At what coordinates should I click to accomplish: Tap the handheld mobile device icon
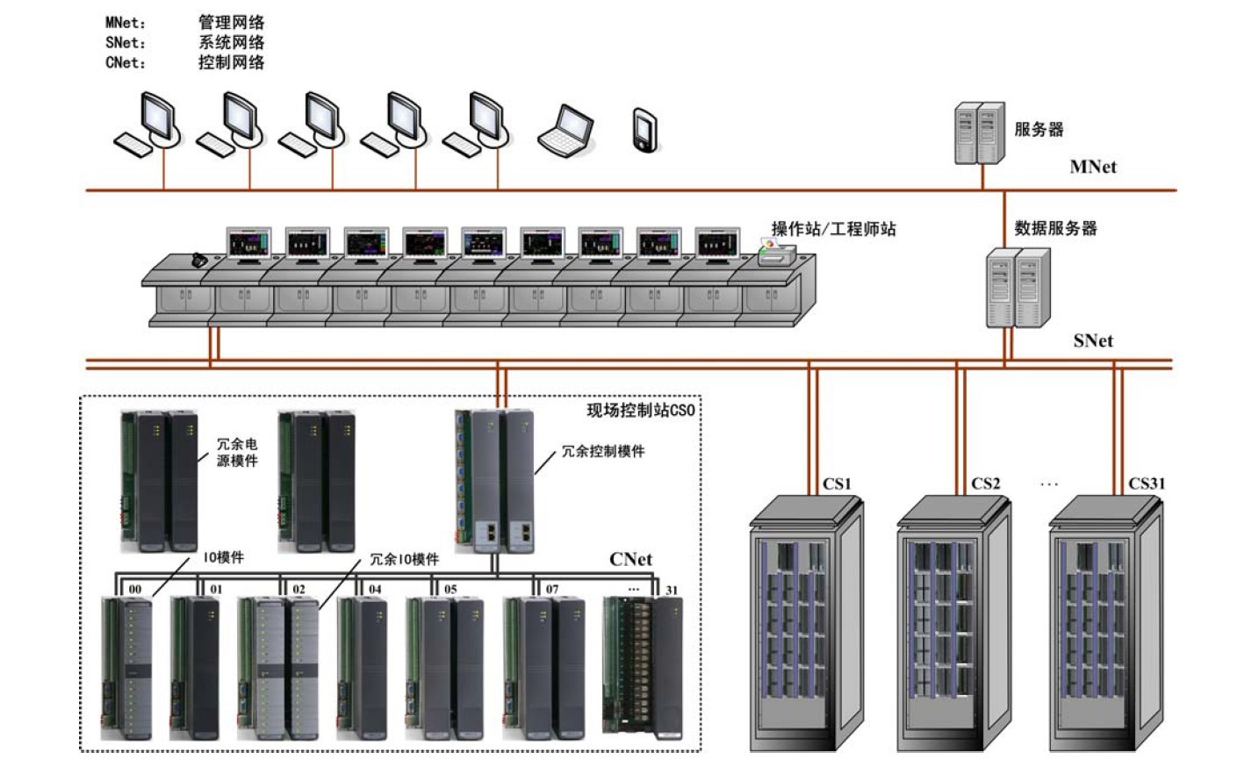[x=645, y=131]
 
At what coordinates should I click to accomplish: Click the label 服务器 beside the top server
[x=1039, y=130]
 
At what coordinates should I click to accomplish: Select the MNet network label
[x=1093, y=167]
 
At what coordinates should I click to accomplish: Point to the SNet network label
[x=1093, y=340]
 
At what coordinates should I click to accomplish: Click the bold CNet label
[x=630, y=559]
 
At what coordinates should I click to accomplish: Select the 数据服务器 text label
[x=1055, y=228]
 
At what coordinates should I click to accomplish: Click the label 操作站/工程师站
[x=833, y=229]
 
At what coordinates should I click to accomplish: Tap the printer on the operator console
[x=776, y=254]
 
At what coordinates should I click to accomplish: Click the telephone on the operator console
[x=200, y=259]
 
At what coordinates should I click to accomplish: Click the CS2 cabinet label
[x=986, y=484]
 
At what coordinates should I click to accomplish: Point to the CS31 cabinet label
[x=1147, y=484]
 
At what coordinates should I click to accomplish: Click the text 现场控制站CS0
[x=640, y=410]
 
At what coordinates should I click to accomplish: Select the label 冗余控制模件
[x=603, y=451]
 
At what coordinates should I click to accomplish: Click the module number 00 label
[x=135, y=589]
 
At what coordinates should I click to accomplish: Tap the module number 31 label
[x=672, y=590]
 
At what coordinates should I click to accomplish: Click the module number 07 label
[x=552, y=589]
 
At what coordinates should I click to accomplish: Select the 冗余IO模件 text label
[x=405, y=559]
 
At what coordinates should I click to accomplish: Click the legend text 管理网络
[x=231, y=23]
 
